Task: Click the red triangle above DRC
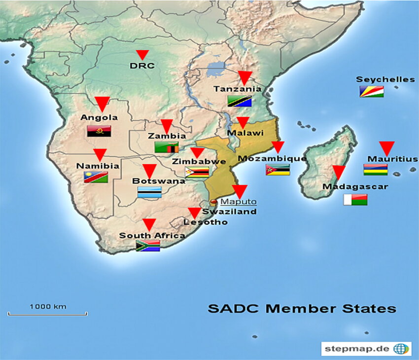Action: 142,55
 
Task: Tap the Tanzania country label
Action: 238,89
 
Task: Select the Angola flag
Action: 99,131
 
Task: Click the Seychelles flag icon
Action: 371,91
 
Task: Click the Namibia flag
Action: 96,178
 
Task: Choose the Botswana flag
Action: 149,193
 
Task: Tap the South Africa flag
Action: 148,246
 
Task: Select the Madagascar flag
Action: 355,200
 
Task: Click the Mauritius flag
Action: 376,170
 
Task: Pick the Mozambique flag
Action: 278,170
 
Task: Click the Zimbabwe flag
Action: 197,172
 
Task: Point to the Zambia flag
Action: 167,147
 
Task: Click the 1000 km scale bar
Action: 47,313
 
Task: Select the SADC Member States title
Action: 302,309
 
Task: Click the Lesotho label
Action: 206,222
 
